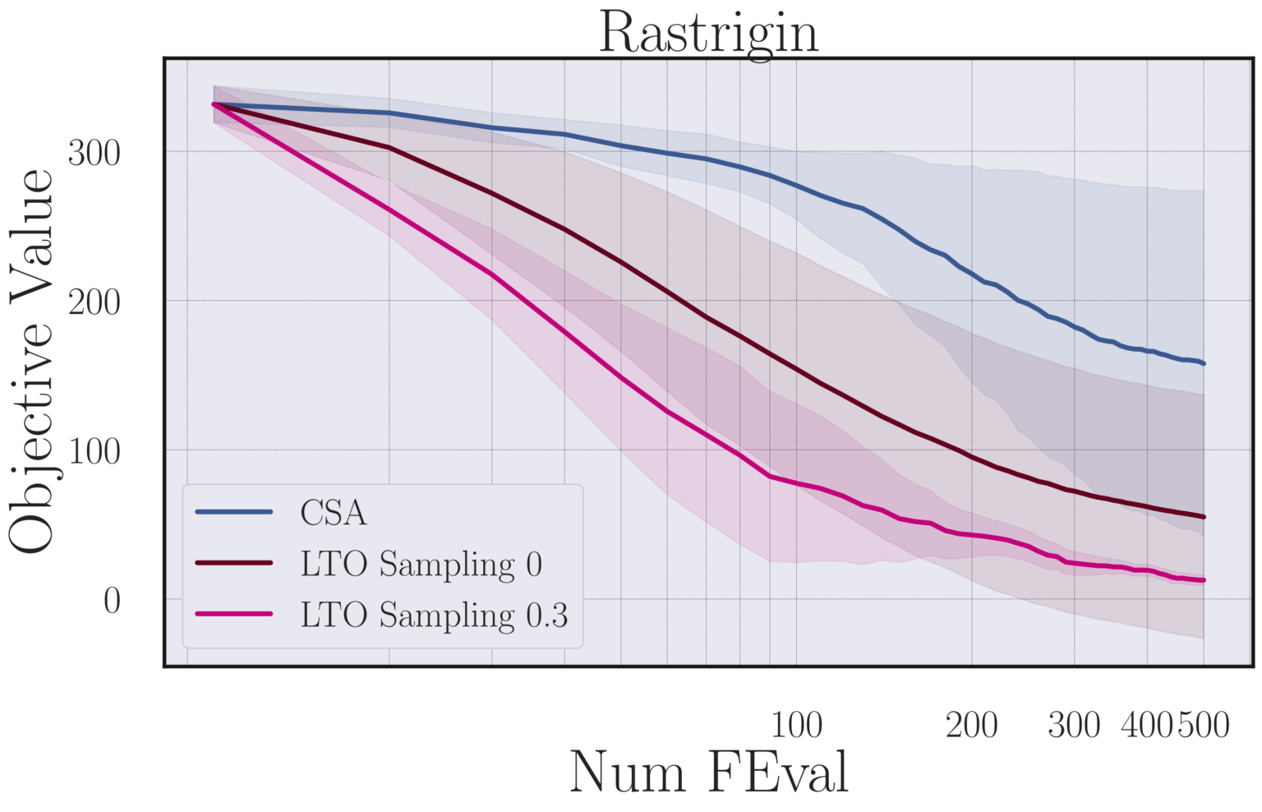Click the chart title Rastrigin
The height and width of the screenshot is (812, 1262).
pyautogui.click(x=708, y=33)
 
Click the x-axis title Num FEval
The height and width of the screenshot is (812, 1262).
pyautogui.click(x=708, y=773)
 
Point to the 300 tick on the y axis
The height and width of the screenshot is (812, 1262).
pyautogui.click(x=94, y=153)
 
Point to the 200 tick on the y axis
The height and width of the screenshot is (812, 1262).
pyautogui.click(x=94, y=302)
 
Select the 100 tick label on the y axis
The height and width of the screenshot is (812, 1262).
pyautogui.click(x=94, y=451)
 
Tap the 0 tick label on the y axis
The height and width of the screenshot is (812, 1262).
pyautogui.click(x=112, y=601)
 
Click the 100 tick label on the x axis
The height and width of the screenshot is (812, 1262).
pyautogui.click(x=796, y=725)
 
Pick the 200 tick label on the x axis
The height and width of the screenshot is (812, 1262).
pyautogui.click(x=971, y=725)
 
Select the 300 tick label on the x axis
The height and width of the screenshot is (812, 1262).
pyautogui.click(x=1074, y=725)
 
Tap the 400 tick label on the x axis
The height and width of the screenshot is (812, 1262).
pyautogui.click(x=1148, y=725)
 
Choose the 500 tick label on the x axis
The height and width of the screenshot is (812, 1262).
pyautogui.click(x=1204, y=725)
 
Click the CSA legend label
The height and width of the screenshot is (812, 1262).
pyautogui.click(x=333, y=513)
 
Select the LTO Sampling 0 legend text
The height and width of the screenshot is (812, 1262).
pyautogui.click(x=421, y=564)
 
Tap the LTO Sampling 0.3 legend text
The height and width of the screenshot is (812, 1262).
pyautogui.click(x=434, y=615)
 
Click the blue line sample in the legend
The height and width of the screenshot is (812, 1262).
pyautogui.click(x=234, y=512)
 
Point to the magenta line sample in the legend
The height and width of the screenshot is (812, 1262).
pyautogui.click(x=234, y=614)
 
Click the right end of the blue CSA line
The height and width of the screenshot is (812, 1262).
pyautogui.click(x=1204, y=363)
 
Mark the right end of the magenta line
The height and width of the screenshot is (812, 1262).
pyautogui.click(x=1204, y=580)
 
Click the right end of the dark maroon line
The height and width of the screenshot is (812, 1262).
pyautogui.click(x=1204, y=517)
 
